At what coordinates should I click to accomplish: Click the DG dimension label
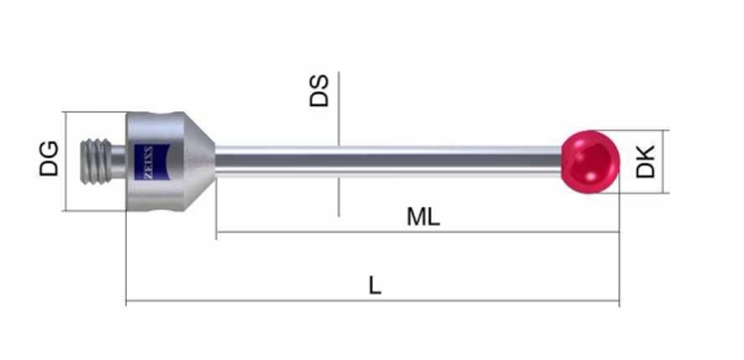(50, 159)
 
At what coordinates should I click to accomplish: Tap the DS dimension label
(318, 90)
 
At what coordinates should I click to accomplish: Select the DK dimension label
(646, 162)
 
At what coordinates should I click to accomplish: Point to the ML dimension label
(424, 217)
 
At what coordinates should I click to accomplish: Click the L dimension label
(375, 286)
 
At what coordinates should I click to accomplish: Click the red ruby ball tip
(591, 162)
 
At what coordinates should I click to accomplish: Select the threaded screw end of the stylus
(96, 162)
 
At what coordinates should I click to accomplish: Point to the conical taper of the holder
(199, 162)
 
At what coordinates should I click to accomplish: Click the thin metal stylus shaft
(389, 162)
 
